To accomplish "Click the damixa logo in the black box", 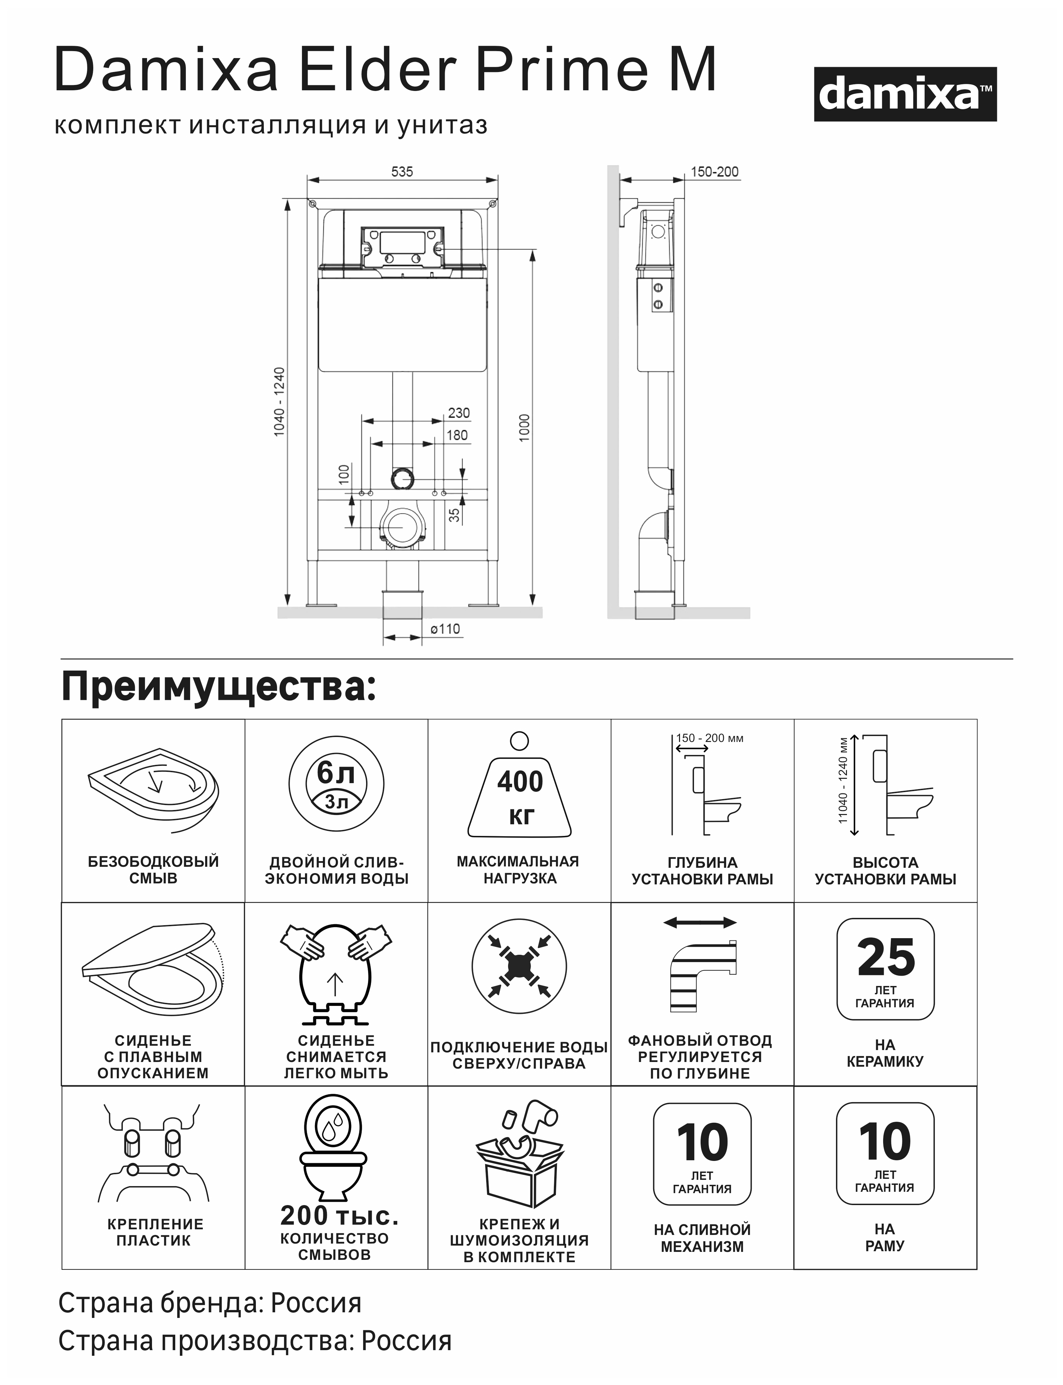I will [905, 94].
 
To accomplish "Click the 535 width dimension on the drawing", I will [402, 172].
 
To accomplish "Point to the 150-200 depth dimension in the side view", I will [714, 172].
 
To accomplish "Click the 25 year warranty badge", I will [885, 968].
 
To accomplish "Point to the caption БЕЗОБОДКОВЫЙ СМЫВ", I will [153, 870].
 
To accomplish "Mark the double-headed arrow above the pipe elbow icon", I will [700, 923].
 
